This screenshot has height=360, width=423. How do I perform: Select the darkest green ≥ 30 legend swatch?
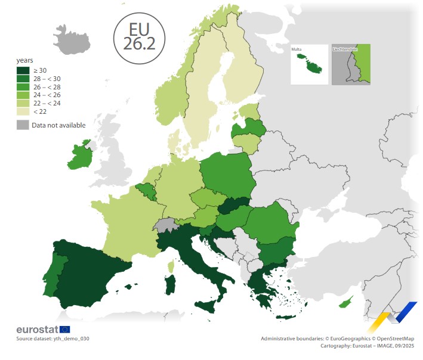click(22, 70)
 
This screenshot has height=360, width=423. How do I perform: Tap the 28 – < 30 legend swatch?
click(22, 79)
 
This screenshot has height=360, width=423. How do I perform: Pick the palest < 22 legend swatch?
click(22, 111)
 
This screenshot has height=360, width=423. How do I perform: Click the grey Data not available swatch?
click(22, 125)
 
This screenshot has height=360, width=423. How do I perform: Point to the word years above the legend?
click(24, 61)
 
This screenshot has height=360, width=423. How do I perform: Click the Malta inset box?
click(309, 64)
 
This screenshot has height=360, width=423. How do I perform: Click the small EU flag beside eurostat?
click(64, 330)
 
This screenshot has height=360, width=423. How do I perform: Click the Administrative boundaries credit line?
click(336, 339)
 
